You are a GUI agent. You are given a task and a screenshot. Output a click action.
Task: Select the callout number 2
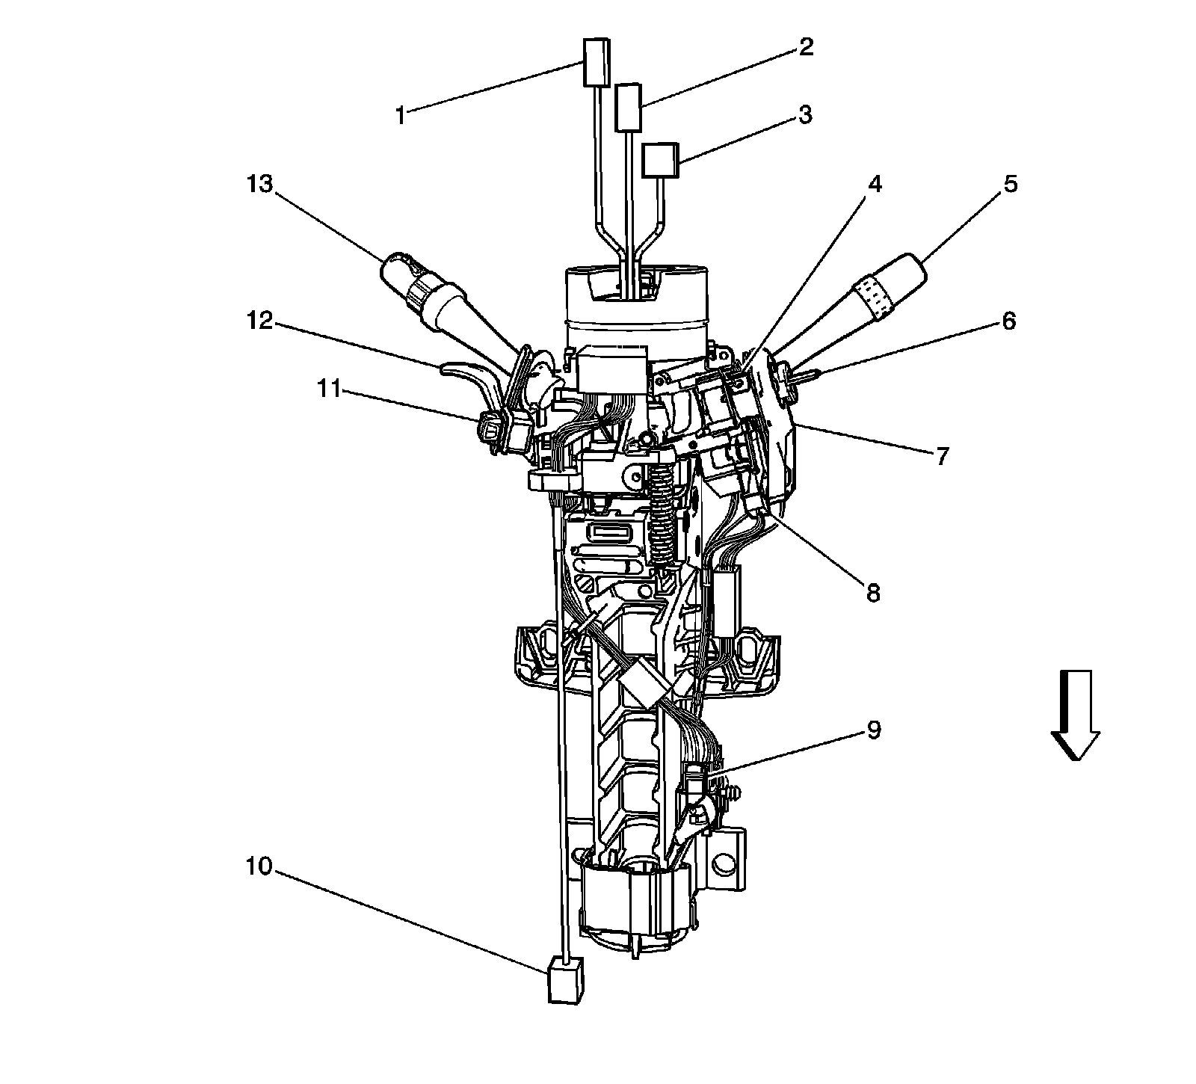click(x=805, y=47)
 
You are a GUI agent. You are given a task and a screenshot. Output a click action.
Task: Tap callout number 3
click(x=805, y=115)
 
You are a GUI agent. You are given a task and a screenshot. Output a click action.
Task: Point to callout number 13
click(x=261, y=184)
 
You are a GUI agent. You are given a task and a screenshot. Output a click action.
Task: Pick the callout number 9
click(x=873, y=730)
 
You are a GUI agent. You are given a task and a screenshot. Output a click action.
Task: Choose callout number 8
click(x=873, y=593)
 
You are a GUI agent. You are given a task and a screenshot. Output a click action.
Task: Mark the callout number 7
click(x=942, y=455)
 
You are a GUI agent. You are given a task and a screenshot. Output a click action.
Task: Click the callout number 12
click(x=261, y=321)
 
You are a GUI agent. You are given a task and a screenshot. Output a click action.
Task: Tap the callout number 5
click(x=1010, y=184)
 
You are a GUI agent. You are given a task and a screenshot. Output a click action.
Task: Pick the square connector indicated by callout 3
click(x=660, y=160)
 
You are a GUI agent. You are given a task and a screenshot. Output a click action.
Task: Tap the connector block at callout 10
click(x=564, y=980)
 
